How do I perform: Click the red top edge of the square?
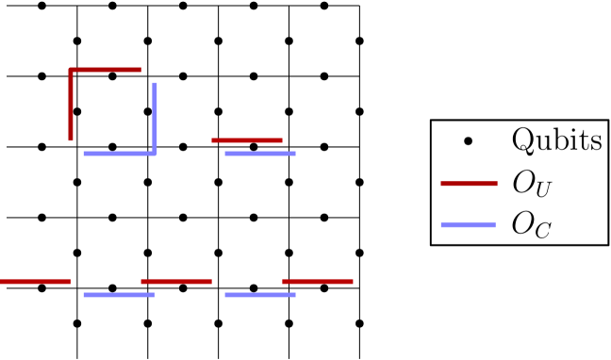pyautogui.click(x=105, y=70)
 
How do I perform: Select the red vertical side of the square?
pyautogui.click(x=71, y=106)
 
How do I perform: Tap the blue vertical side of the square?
pyautogui.click(x=155, y=117)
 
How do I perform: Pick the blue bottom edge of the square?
pyautogui.click(x=119, y=153)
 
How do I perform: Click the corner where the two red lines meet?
pyautogui.click(x=71, y=70)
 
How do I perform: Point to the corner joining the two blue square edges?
pyautogui.click(x=155, y=153)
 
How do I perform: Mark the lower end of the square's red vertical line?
pyautogui.click(x=71, y=140)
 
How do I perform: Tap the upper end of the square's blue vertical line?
pyautogui.click(x=155, y=83)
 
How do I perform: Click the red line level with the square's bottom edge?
pyautogui.click(x=247, y=140)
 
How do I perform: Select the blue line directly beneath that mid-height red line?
pyautogui.click(x=260, y=153)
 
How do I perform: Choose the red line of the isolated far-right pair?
pyautogui.click(x=469, y=184)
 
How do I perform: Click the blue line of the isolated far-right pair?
pyautogui.click(x=468, y=224)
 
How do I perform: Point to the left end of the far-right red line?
pyautogui.click(x=441, y=184)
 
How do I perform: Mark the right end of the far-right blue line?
pyautogui.click(x=495, y=224)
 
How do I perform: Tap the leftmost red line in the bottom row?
pyautogui.click(x=35, y=282)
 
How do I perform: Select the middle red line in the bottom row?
pyautogui.click(x=176, y=282)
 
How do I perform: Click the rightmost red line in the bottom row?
pyautogui.click(x=318, y=282)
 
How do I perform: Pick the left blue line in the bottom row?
pyautogui.click(x=119, y=295)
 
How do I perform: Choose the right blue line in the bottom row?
pyautogui.click(x=260, y=295)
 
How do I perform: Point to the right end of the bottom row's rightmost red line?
pyautogui.click(x=353, y=282)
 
